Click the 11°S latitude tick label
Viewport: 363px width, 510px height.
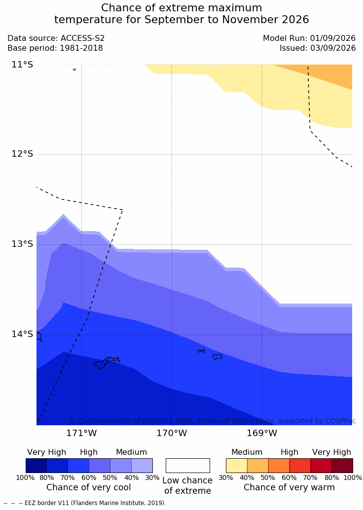[x=23, y=65]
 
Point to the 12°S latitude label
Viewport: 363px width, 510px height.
[x=23, y=154]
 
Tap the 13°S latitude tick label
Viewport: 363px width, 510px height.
[x=23, y=243]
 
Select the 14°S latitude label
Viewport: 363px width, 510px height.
[x=23, y=334]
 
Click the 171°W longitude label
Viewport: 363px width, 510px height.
[x=81, y=433]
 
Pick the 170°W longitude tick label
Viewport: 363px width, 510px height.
[x=172, y=433]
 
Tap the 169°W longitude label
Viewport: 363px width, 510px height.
[x=262, y=433]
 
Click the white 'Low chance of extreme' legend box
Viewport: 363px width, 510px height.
[x=188, y=466]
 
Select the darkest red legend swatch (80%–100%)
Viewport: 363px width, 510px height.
[x=342, y=466]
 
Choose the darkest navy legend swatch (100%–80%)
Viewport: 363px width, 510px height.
[x=36, y=466]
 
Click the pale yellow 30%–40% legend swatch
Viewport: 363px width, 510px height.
[x=237, y=466]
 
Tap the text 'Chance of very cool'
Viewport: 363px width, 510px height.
[x=89, y=487]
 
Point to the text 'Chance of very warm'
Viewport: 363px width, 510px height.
[x=289, y=487]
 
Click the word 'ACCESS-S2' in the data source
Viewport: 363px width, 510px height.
[x=83, y=38]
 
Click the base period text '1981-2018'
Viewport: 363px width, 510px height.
[x=81, y=48]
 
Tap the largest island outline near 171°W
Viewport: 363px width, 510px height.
[x=106, y=362]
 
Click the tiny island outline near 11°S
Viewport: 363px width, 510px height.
[x=74, y=69]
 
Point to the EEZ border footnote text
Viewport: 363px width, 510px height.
[x=85, y=503]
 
